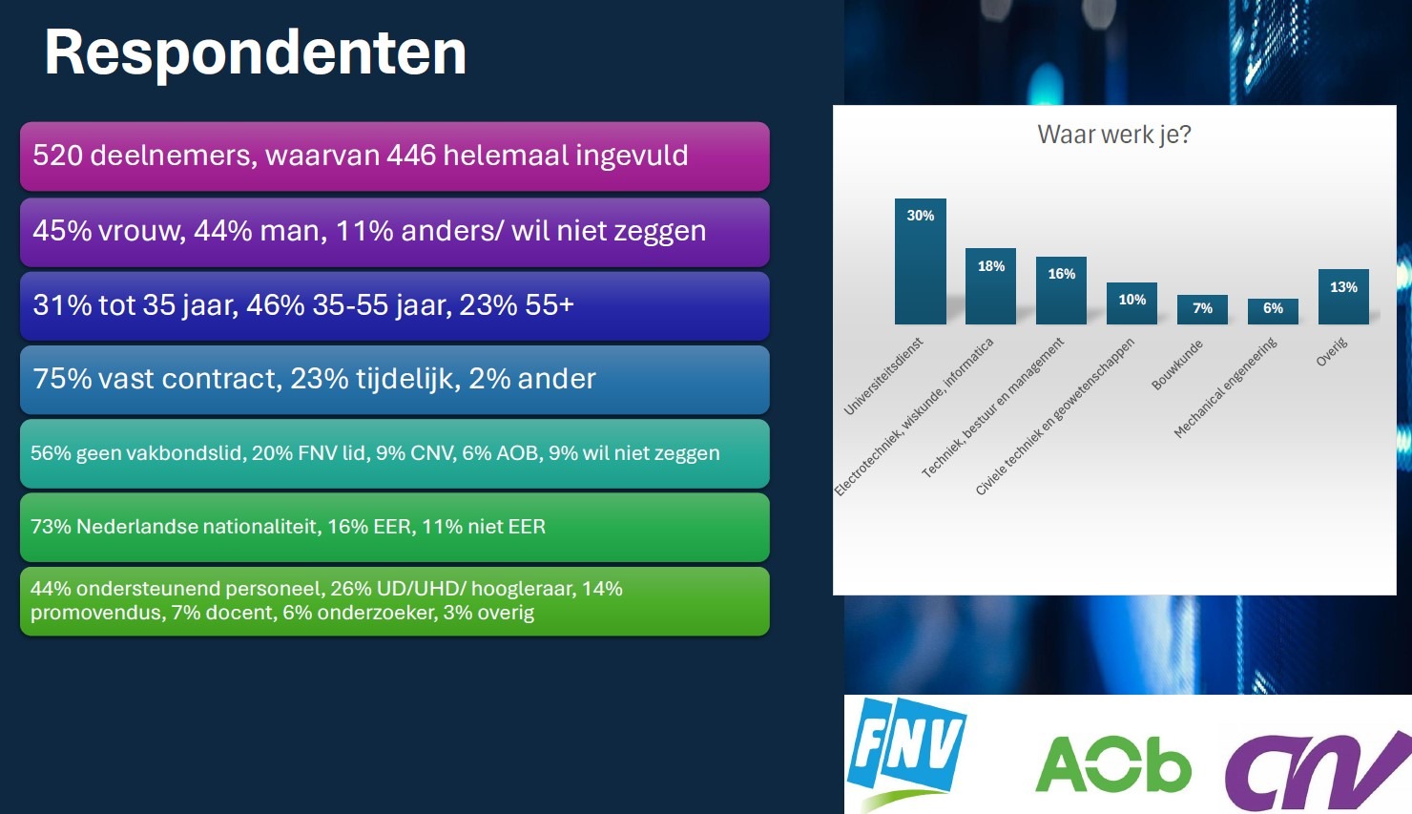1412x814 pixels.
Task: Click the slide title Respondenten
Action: pos(256,53)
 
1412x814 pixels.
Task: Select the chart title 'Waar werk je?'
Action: pos(1113,135)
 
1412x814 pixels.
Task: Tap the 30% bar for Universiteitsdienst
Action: pos(921,261)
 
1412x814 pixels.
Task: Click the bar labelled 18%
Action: pos(991,286)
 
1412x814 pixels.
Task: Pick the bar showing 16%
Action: pos(1062,291)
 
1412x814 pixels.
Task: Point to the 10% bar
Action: pos(1132,303)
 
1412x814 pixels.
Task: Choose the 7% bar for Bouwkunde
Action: pos(1203,309)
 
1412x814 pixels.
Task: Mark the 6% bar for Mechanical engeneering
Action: pos(1274,311)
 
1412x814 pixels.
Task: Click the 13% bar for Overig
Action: pos(1344,297)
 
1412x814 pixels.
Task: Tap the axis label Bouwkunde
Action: pos(1177,365)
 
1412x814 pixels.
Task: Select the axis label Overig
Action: pos(1331,352)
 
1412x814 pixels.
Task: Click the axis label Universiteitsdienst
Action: pos(883,376)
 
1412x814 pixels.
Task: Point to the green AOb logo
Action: pos(1113,764)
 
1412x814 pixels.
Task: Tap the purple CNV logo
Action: pos(1319,771)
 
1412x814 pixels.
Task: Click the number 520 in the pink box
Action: pos(57,156)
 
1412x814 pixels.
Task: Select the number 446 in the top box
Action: pos(411,156)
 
